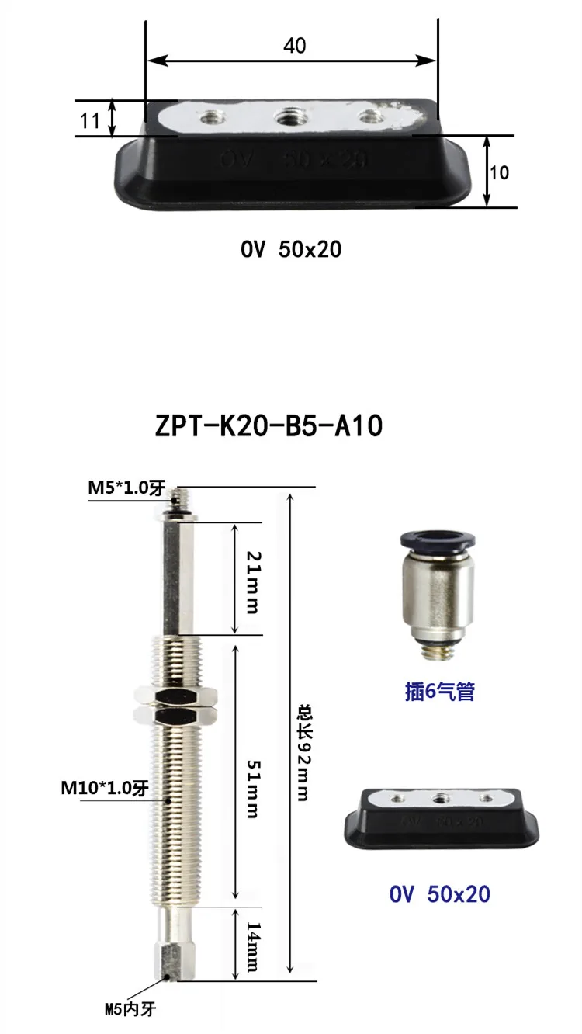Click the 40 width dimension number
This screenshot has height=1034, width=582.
click(x=294, y=46)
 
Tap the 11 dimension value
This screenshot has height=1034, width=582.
click(x=90, y=121)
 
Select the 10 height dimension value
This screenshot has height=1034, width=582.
click(x=499, y=172)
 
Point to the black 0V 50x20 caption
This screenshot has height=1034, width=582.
click(x=291, y=249)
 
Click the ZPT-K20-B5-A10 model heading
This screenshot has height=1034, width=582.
click(x=268, y=425)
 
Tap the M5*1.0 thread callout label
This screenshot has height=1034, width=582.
click(x=126, y=488)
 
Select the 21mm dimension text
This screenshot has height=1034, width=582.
click(x=252, y=582)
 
